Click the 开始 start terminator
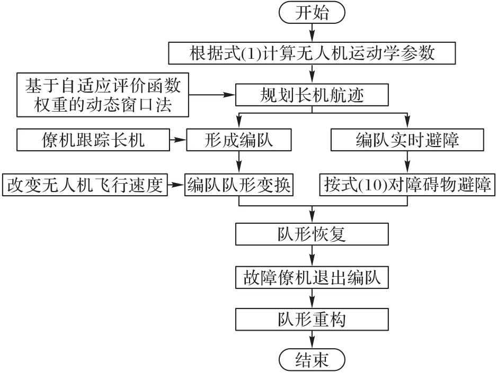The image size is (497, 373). point(312,13)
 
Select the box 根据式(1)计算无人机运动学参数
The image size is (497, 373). point(312,53)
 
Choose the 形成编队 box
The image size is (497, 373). point(240,140)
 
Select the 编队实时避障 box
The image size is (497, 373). point(407,140)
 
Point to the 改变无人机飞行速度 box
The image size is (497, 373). point(84,185)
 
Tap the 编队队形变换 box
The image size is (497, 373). point(240,185)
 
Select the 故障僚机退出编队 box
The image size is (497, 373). point(312,276)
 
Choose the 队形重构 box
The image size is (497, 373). point(312,319)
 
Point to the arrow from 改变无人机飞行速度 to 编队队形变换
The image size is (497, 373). point(175,185)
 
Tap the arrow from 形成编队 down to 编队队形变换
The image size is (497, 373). point(240,161)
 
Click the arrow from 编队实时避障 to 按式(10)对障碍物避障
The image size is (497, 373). point(407,161)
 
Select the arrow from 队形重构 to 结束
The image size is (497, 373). point(312,339)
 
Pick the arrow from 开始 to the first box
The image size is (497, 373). point(312,33)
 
